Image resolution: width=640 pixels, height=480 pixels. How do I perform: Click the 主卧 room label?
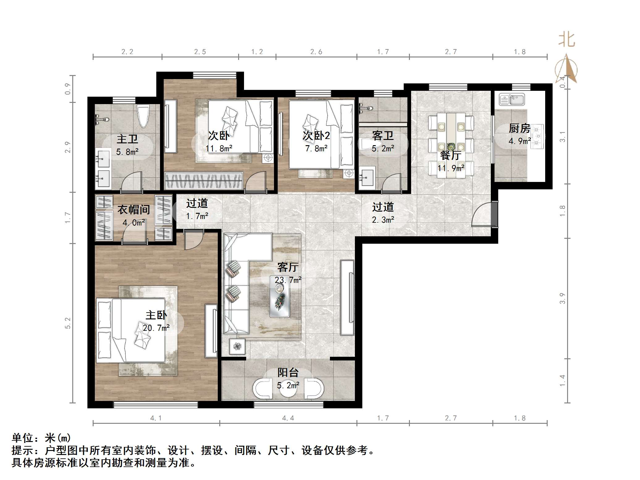point(156,315)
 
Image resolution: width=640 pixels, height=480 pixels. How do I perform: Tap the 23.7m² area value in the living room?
point(288,280)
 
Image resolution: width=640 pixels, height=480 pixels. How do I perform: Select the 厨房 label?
point(520,128)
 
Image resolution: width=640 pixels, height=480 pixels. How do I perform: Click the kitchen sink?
point(512,100)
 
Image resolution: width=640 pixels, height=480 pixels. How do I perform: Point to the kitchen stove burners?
point(538,136)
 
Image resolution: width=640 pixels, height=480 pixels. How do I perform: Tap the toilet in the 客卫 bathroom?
point(368,144)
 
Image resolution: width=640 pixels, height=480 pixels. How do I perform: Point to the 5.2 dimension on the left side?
point(68,323)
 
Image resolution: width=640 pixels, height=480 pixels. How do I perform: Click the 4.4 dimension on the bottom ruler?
point(288,418)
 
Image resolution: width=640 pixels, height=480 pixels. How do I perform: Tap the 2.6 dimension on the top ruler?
point(316,52)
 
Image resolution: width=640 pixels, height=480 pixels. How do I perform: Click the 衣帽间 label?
point(133,210)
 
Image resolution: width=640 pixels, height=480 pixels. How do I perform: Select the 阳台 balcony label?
point(288,373)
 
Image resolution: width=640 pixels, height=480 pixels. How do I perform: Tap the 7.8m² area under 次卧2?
point(316,149)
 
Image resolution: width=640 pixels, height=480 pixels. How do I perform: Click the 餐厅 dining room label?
point(451,155)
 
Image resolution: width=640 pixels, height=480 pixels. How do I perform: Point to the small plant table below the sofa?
point(237,346)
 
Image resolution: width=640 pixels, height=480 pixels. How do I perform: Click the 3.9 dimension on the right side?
point(562,298)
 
